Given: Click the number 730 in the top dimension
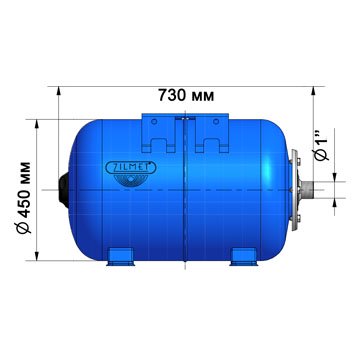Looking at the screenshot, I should (173, 95).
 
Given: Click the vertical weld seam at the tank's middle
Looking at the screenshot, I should (186, 190).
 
